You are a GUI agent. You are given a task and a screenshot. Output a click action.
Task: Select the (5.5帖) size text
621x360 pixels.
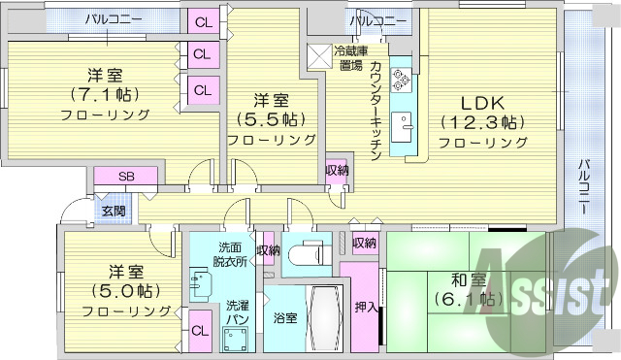(x=273, y=119)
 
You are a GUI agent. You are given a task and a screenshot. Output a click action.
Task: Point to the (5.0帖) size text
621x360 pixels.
(x=114, y=291)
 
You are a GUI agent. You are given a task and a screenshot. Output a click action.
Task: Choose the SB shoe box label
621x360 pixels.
(x=126, y=176)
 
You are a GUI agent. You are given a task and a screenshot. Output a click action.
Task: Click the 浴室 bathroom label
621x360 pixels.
(x=284, y=317)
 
